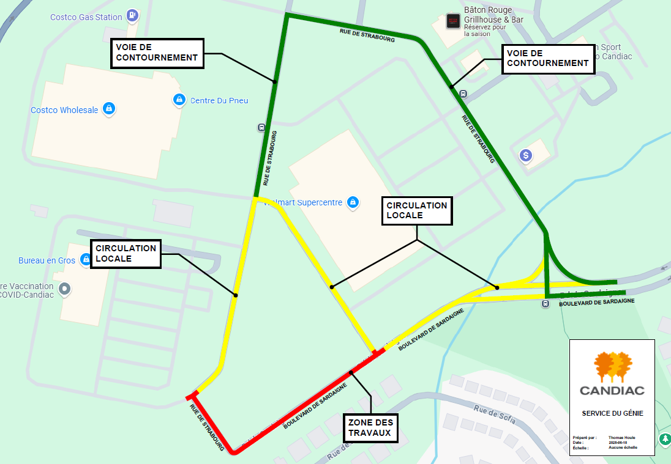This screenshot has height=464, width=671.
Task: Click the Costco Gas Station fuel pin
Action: click(133, 15)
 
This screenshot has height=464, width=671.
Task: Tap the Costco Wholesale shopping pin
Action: click(109, 109)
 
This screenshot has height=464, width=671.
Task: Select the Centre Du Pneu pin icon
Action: click(179, 99)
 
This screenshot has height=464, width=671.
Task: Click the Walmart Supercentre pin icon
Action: click(352, 202)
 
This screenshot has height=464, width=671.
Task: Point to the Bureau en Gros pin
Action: click(86, 260)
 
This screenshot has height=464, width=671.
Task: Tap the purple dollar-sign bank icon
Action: click(525, 155)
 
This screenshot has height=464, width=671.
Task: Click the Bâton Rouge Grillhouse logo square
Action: click(452, 20)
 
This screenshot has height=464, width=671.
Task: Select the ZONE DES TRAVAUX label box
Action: click(371, 427)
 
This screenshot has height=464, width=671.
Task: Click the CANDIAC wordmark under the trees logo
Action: click(612, 390)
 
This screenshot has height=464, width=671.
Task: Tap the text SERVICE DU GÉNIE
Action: click(612, 413)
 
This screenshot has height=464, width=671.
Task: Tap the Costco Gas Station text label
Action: click(86, 17)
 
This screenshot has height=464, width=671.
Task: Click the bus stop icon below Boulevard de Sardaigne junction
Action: click(545, 304)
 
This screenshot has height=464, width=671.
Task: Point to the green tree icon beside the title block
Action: click(665, 439)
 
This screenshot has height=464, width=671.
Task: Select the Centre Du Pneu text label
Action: click(219, 100)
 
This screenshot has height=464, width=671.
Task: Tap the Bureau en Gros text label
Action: click(47, 260)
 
